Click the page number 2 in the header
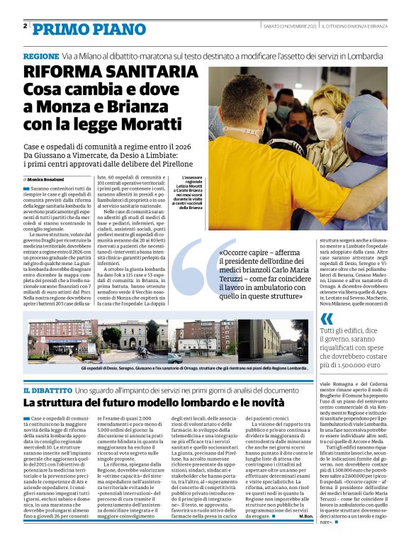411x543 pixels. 25,26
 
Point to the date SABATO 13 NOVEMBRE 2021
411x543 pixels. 282,26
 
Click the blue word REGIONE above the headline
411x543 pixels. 40,55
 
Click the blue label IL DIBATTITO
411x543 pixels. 46,391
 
